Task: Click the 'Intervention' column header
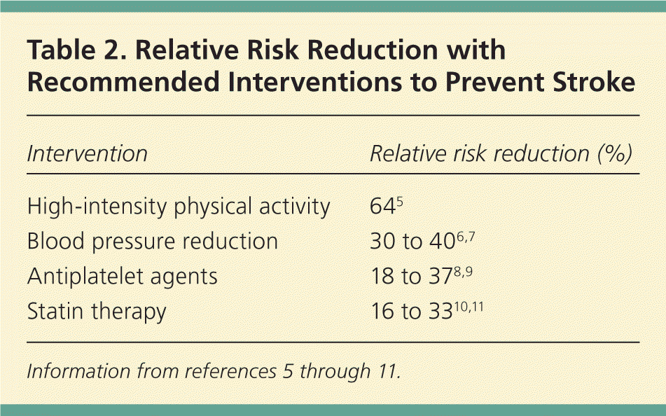pyautogui.click(x=87, y=153)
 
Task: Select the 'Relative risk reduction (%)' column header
pyautogui.click(x=501, y=154)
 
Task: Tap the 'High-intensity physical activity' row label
pyautogui.click(x=179, y=207)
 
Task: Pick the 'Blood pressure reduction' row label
pyautogui.click(x=153, y=242)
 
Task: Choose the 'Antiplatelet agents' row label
pyautogui.click(x=123, y=277)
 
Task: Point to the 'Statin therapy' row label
pyautogui.click(x=97, y=312)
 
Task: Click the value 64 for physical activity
pyautogui.click(x=382, y=207)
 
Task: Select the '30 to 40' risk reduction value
pyautogui.click(x=412, y=242)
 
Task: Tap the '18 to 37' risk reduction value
pyautogui.click(x=411, y=277)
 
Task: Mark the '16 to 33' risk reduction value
pyautogui.click(x=411, y=312)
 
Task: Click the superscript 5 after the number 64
pyautogui.click(x=400, y=202)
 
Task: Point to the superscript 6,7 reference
pyautogui.click(x=466, y=237)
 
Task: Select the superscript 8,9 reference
pyautogui.click(x=463, y=272)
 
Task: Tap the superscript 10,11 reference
pyautogui.click(x=469, y=306)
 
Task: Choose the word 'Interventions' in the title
pyautogui.click(x=314, y=82)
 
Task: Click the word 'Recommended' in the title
pyautogui.click(x=123, y=82)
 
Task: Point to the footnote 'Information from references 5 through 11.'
pyautogui.click(x=214, y=371)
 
